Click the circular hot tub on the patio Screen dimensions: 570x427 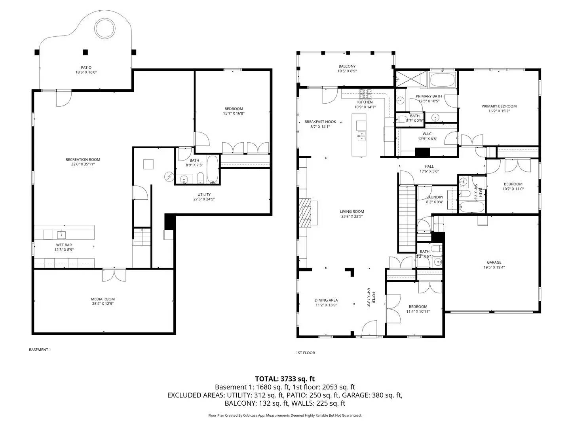tap(105, 28)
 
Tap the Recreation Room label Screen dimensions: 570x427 tap(83, 159)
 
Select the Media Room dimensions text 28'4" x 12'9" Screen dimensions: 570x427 tap(103, 304)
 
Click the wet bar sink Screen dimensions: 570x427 tap(61, 234)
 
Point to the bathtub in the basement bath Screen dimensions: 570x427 tap(213, 169)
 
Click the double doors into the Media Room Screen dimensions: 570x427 tap(114, 275)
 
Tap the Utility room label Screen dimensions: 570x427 tap(204, 195)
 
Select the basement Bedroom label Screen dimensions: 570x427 tap(234, 109)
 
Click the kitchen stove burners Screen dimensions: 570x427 tap(365, 94)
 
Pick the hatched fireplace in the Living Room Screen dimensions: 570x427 tap(306, 213)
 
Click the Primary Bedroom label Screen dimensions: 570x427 tap(499, 106)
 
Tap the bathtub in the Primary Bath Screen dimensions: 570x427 tap(443, 80)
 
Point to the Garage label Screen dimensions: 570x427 tap(494, 262)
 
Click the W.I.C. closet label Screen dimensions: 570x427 tap(427, 134)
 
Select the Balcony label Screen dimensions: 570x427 tap(347, 66)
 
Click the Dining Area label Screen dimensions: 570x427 tap(326, 300)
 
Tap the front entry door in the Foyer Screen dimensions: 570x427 tap(369, 328)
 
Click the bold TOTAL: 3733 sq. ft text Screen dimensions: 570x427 tap(285, 379)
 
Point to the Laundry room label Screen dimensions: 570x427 tap(435, 197)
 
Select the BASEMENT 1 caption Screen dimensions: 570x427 tap(40, 350)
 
